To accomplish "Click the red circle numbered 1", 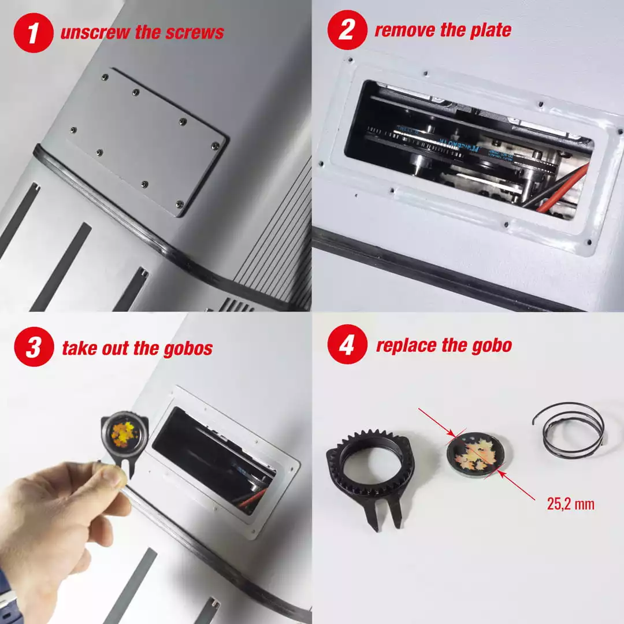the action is (34, 32).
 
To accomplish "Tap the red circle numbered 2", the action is (347, 30).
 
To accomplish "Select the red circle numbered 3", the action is (34, 347).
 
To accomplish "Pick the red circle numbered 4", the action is (347, 344).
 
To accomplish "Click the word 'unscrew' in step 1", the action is (95, 32).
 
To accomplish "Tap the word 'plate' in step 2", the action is (491, 30).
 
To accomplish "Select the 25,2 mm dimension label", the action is (571, 504).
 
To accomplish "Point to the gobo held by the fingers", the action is (124, 434).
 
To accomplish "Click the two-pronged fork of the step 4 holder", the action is (385, 514).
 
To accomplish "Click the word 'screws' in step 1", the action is (195, 32).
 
